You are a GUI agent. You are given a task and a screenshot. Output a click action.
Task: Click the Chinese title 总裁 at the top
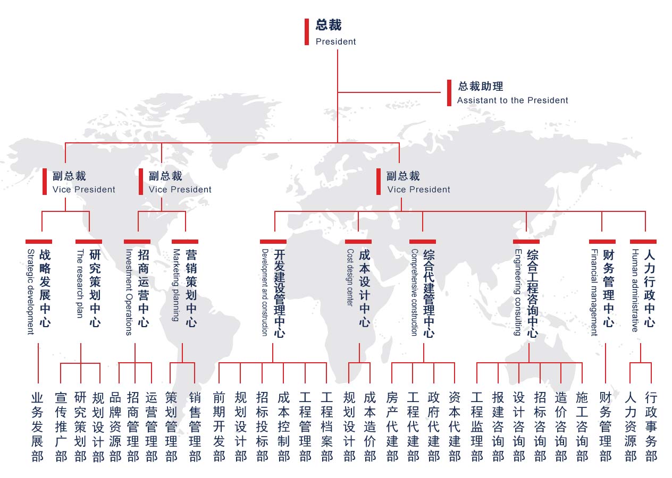[x=328, y=25]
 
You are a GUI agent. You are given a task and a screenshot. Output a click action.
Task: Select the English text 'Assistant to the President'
[x=513, y=100]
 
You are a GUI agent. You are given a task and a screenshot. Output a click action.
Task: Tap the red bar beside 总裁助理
[x=449, y=93]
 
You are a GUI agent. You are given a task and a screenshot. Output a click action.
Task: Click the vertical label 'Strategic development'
[x=31, y=292]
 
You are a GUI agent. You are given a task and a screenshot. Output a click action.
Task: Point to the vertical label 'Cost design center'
[x=350, y=277]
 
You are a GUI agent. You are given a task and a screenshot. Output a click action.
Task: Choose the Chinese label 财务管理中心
[x=608, y=288]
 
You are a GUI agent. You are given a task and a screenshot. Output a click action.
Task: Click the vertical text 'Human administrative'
[x=635, y=291]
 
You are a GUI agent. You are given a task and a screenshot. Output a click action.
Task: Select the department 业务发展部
[x=37, y=427]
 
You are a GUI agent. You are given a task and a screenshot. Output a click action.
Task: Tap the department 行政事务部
[x=651, y=427]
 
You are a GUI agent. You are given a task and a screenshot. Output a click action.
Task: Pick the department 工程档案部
[x=327, y=427]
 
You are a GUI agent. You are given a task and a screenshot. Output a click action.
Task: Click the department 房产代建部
[x=392, y=427]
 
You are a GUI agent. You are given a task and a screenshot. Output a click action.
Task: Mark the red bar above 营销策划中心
[x=185, y=242]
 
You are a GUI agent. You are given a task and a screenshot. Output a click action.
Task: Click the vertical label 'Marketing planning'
[x=177, y=285]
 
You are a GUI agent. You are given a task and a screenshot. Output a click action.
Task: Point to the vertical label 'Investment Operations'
[x=129, y=292]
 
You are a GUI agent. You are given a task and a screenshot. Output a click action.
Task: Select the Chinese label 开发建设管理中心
[x=279, y=294]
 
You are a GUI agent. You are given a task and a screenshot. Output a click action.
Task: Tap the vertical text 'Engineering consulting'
[x=518, y=292]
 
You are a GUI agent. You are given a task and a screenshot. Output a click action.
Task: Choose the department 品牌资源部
[x=115, y=427]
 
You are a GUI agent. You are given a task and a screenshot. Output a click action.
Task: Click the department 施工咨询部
[x=582, y=427]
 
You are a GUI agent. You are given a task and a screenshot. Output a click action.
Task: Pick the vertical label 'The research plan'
[x=80, y=283]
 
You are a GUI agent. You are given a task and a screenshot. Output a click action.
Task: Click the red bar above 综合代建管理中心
[x=423, y=242]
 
